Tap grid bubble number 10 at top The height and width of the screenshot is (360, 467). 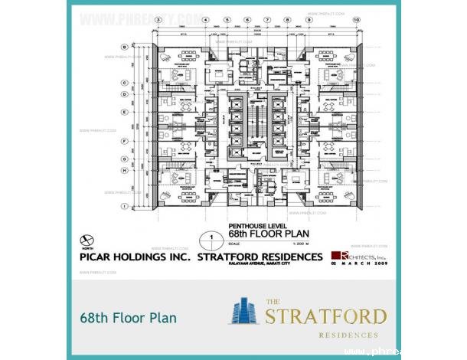(357, 20)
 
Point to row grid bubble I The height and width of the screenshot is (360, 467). (123, 206)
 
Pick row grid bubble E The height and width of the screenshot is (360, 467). (123, 104)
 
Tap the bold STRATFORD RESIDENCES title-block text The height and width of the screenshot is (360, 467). (260, 258)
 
